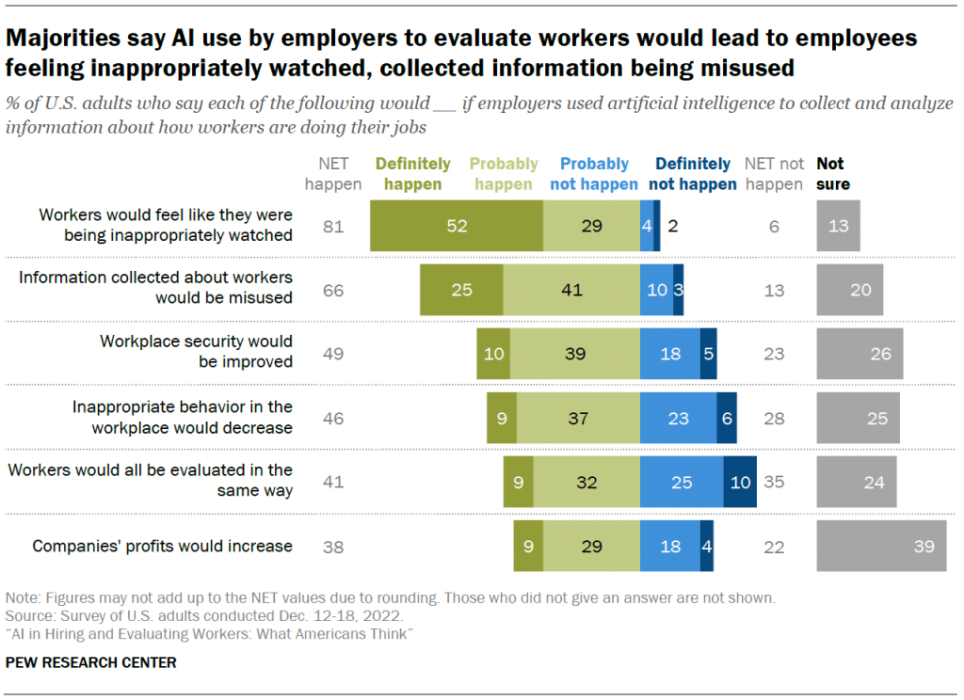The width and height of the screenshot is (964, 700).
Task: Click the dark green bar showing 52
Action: pyautogui.click(x=457, y=226)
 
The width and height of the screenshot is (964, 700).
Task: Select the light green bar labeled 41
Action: pyautogui.click(x=571, y=290)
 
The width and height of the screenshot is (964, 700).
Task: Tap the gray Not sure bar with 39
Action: pyautogui.click(x=881, y=546)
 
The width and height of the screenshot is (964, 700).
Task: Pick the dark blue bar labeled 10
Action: pyautogui.click(x=740, y=482)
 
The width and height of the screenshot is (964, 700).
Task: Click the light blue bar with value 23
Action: pyautogui.click(x=678, y=418)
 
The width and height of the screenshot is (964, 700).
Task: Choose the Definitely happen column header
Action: pyautogui.click(x=413, y=174)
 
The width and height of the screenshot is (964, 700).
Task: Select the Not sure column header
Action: pyautogui.click(x=833, y=174)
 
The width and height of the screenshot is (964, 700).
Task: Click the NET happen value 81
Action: pyautogui.click(x=333, y=226)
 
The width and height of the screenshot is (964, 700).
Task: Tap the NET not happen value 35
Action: pyautogui.click(x=774, y=482)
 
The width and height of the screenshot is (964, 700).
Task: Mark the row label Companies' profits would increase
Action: pyautogui.click(x=163, y=546)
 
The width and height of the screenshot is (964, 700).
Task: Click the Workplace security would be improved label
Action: pyautogui.click(x=197, y=351)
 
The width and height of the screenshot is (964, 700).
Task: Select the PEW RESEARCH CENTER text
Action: pyautogui.click(x=90, y=662)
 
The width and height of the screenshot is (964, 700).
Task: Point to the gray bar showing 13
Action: pyautogui.click(x=838, y=226)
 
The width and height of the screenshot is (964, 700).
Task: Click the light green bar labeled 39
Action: pyautogui.click(x=575, y=354)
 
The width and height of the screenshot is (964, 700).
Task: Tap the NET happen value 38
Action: pyautogui.click(x=333, y=546)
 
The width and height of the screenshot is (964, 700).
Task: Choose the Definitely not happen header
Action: pyautogui.click(x=692, y=174)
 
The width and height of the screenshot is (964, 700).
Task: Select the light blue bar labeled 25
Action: pyautogui.click(x=682, y=482)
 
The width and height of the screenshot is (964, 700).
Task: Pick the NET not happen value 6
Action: pyautogui.click(x=774, y=226)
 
